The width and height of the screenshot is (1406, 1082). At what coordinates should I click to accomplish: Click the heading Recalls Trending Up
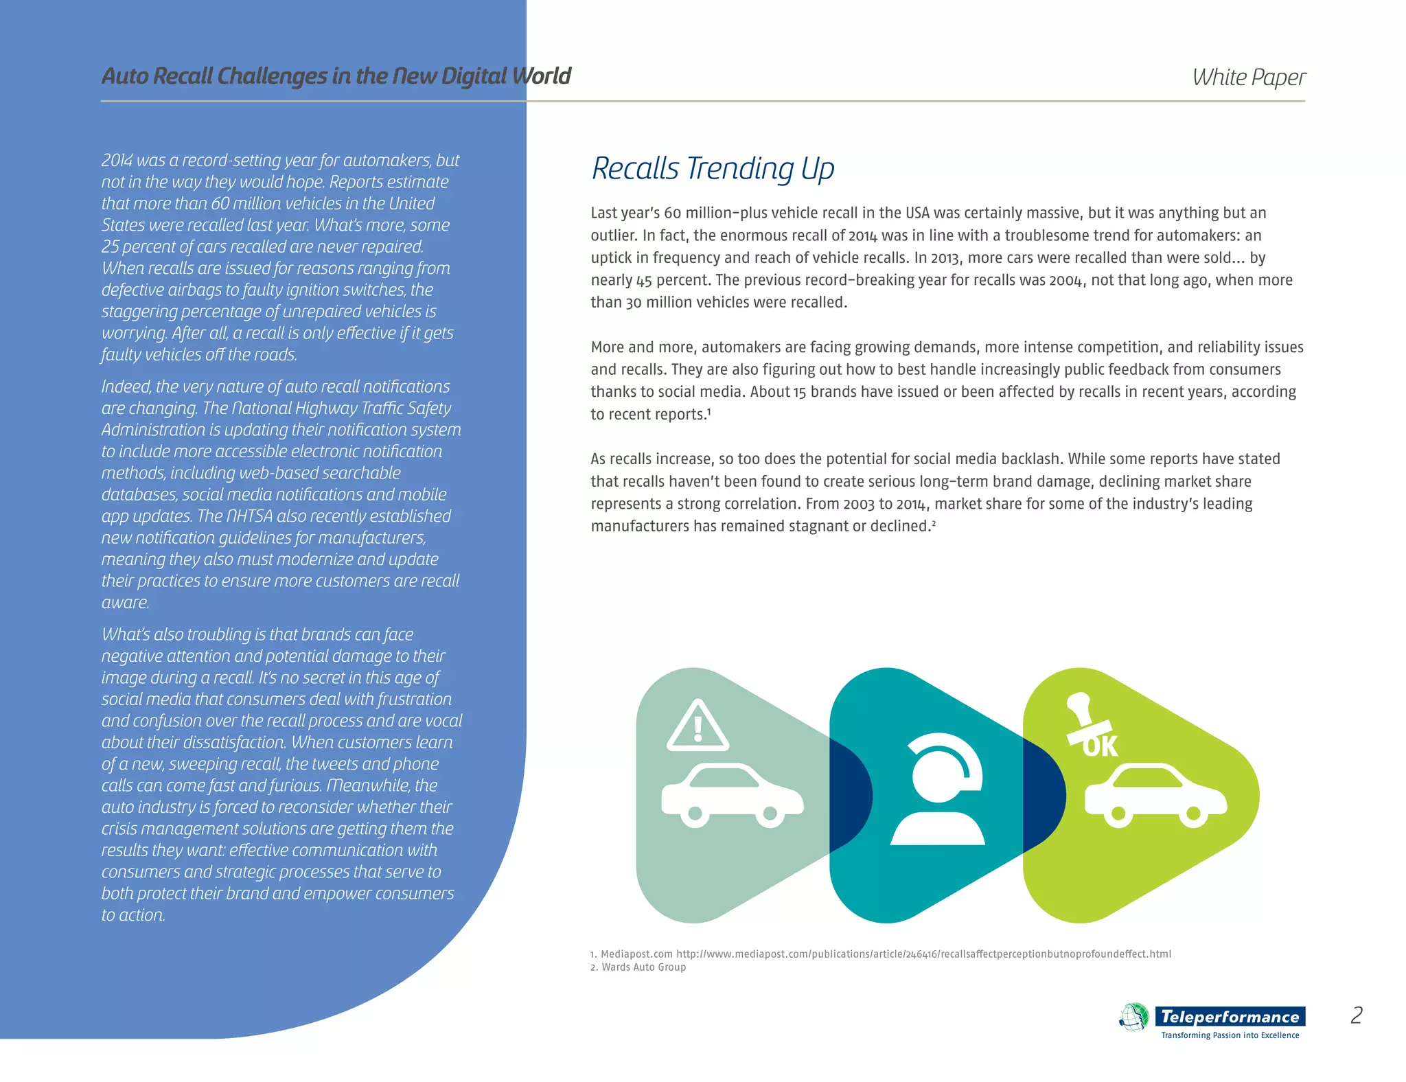(x=713, y=169)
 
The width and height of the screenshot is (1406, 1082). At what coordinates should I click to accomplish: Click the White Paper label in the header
(x=1249, y=78)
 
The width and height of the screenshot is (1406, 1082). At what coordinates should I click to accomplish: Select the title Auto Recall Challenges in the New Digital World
(x=336, y=76)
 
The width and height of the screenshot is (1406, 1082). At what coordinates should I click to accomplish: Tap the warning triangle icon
(x=698, y=726)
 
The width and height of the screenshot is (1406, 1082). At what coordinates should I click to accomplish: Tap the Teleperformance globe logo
(x=1134, y=1017)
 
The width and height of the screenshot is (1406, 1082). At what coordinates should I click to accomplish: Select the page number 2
(x=1357, y=1015)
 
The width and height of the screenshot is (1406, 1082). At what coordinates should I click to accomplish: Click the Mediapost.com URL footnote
(x=881, y=954)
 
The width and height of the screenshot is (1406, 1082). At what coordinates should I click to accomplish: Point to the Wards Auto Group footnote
(x=638, y=967)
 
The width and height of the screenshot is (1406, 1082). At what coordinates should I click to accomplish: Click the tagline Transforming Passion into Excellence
(x=1230, y=1035)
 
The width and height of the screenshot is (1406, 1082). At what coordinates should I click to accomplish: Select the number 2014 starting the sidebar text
(x=117, y=161)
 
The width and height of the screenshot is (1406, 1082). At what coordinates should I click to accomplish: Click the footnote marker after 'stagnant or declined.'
(x=934, y=523)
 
